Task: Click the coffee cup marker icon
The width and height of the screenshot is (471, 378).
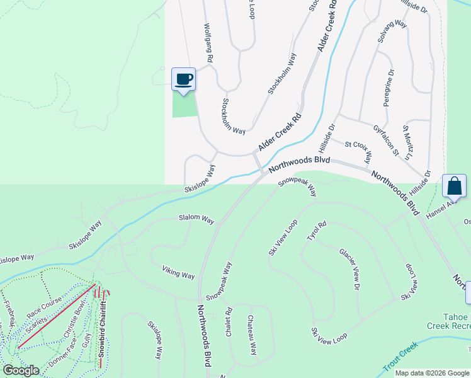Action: tap(183, 79)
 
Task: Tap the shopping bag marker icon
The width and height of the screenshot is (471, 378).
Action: tap(454, 186)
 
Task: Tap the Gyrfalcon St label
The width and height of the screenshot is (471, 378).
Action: tap(386, 140)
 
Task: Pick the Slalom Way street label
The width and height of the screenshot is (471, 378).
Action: tap(196, 218)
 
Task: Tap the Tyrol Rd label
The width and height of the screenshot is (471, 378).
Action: tap(317, 231)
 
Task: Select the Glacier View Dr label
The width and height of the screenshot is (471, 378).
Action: tap(348, 268)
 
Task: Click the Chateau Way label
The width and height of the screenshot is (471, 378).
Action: tap(252, 335)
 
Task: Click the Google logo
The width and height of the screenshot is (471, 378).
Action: tap(21, 370)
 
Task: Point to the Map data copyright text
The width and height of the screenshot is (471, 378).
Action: tap(431, 373)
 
